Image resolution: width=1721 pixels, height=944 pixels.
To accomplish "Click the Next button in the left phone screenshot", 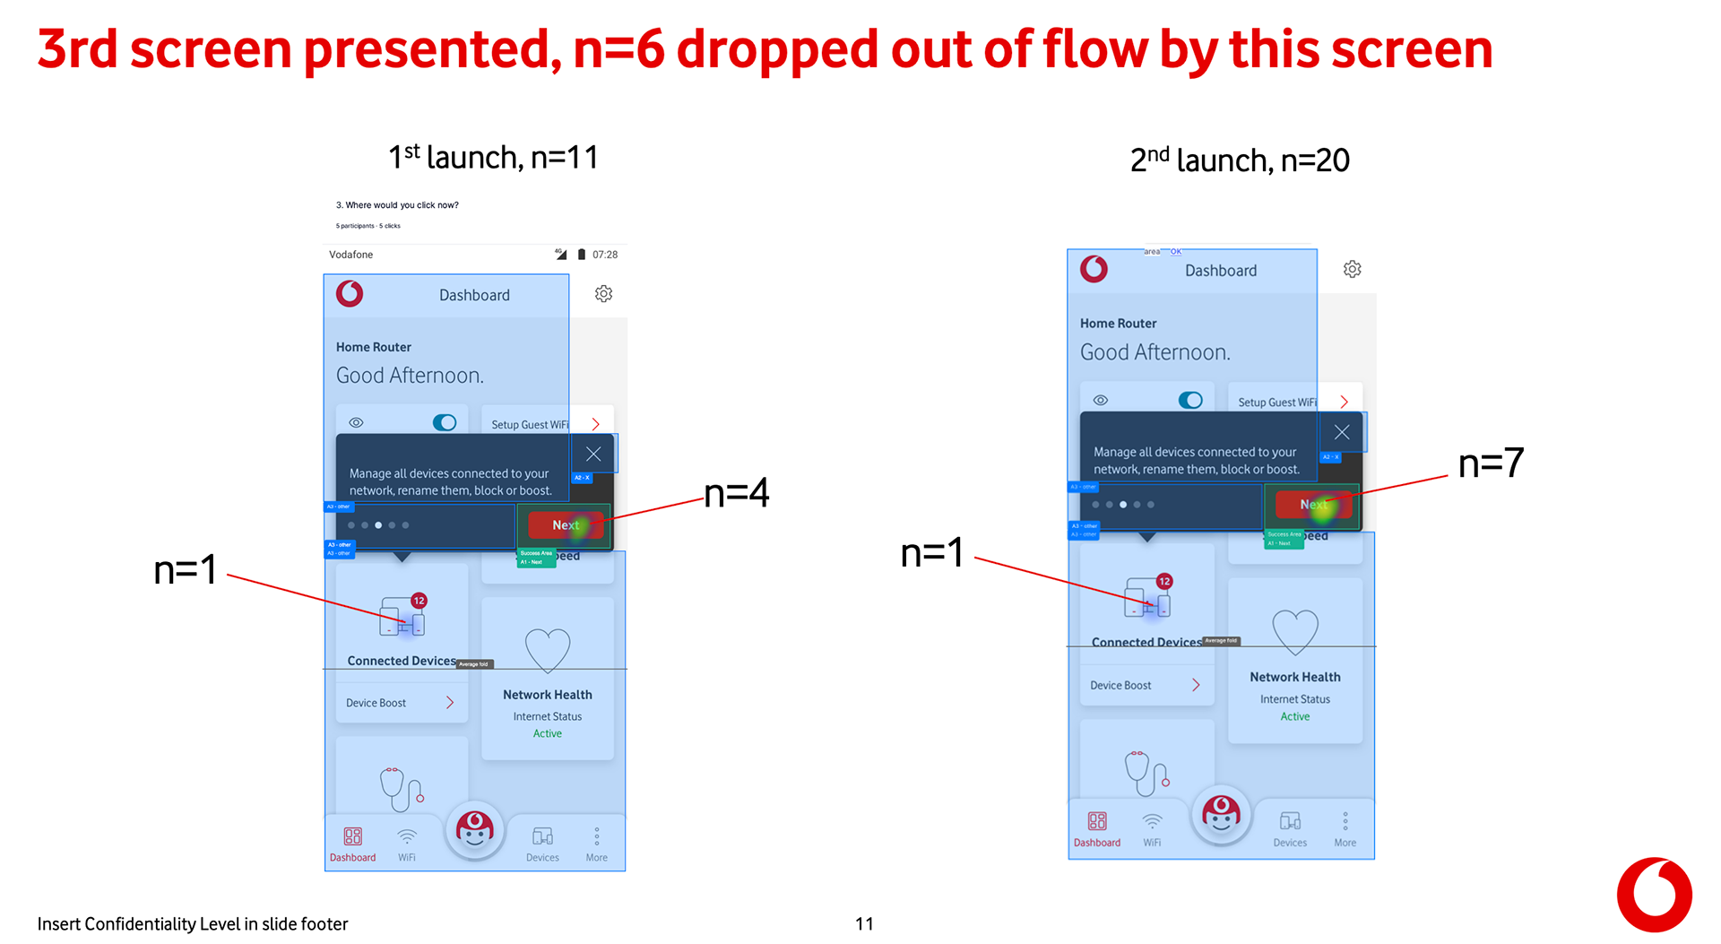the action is point(566,525).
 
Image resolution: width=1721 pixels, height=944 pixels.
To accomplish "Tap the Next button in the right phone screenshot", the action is point(1313,505).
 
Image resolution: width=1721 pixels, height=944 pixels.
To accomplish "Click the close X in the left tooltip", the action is point(593,454).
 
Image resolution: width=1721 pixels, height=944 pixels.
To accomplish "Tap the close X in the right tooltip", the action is point(1342,432).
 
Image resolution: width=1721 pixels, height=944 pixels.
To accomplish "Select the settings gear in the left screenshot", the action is point(604,294).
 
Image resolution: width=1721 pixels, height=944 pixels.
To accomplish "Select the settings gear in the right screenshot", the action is point(1353,270).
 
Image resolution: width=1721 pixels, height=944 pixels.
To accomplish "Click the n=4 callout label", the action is point(737,493).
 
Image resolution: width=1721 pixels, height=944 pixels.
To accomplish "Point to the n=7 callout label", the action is point(1491,463).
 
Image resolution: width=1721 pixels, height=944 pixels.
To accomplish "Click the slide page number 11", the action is point(864,923).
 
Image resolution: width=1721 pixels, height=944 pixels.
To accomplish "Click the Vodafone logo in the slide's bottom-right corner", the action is point(1654,895).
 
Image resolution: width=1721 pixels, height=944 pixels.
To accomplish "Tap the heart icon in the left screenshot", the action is point(548,649).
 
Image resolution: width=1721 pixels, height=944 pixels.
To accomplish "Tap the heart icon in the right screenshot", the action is point(1295,631).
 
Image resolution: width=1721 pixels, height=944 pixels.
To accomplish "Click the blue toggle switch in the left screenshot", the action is point(445,422).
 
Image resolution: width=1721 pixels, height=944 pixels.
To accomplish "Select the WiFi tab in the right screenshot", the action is point(1152,829).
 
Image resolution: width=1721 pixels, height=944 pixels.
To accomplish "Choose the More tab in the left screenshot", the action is point(597,844).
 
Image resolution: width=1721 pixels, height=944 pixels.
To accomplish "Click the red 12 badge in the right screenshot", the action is point(1164,582).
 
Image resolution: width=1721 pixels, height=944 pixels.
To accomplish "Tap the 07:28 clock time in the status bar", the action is point(605,255).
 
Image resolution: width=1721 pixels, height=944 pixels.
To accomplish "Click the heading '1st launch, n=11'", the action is point(493,157).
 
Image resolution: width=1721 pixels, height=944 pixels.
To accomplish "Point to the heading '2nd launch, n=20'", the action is point(1240,160).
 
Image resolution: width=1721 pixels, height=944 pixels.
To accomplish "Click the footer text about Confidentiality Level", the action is point(193,923).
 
